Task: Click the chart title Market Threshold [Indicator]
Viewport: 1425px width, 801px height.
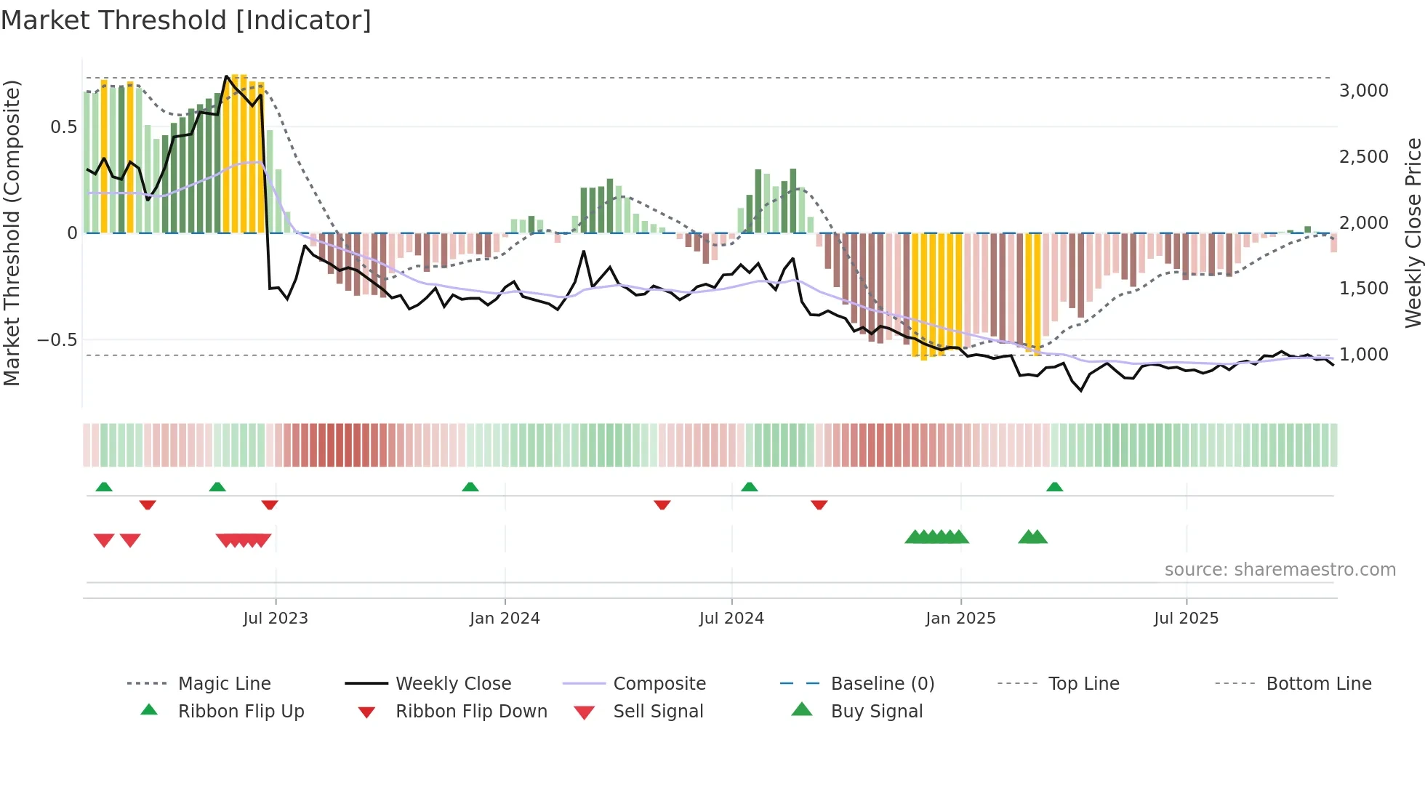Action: (186, 20)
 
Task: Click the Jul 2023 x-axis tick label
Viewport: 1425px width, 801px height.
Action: (276, 619)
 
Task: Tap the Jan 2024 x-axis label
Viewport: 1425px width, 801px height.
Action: (505, 619)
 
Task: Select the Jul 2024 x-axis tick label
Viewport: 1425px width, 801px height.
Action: (731, 619)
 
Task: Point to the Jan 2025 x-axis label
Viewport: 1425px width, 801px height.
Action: (960, 619)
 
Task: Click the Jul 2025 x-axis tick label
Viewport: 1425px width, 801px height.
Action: (1186, 619)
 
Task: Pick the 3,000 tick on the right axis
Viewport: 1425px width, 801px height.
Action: (1363, 91)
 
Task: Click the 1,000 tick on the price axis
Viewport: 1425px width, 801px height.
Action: (1363, 355)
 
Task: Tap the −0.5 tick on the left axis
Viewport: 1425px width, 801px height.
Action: (57, 340)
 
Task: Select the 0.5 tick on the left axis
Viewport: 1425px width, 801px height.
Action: (63, 127)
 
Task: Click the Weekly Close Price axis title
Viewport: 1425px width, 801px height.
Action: (1413, 233)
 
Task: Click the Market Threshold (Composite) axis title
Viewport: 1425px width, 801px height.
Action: (12, 233)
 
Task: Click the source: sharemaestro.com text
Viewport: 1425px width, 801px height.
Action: (1280, 570)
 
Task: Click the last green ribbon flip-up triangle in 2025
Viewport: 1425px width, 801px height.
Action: (1054, 487)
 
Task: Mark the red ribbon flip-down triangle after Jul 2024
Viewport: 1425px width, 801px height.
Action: (819, 504)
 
